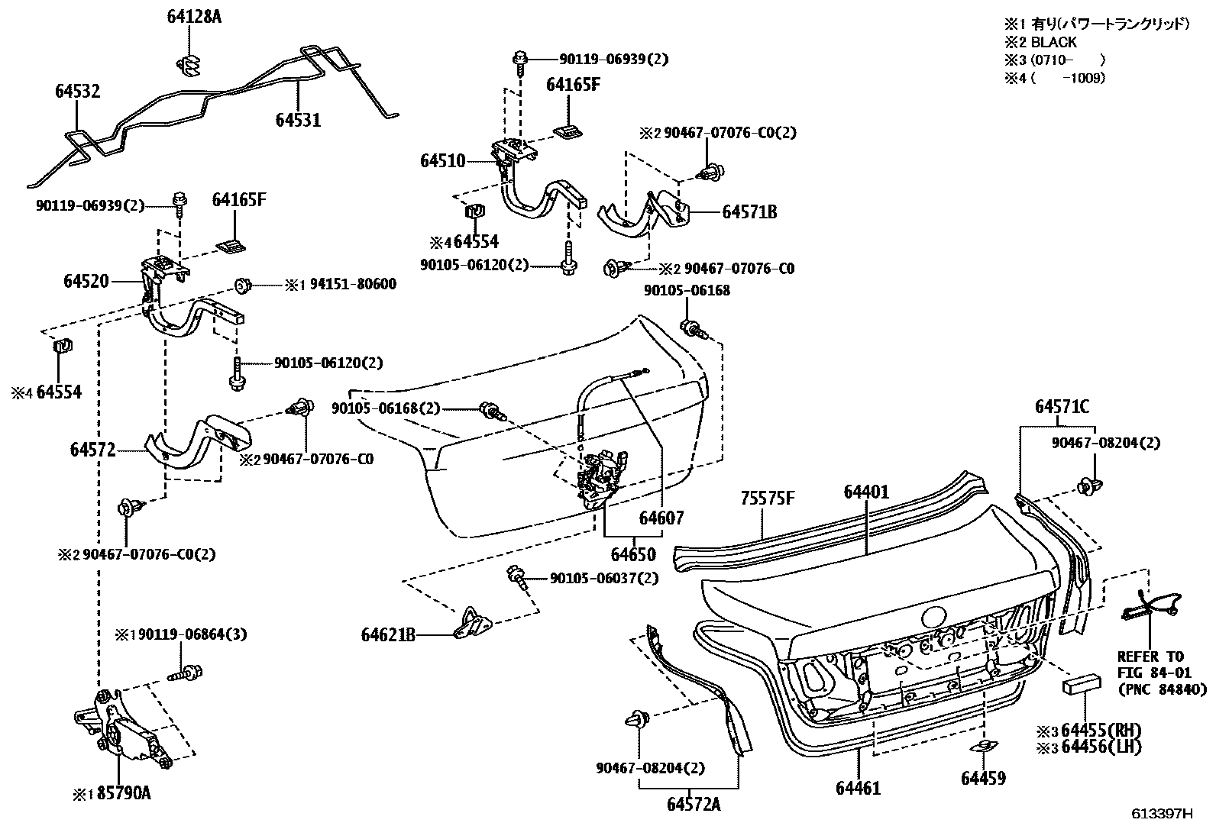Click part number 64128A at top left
(194, 16)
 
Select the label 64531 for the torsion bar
(298, 120)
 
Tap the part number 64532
(77, 92)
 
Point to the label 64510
(442, 161)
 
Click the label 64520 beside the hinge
(86, 282)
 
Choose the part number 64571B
(749, 212)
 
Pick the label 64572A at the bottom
(694, 804)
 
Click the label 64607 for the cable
(661, 519)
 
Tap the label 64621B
(388, 634)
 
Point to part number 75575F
(768, 499)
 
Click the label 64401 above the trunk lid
(867, 492)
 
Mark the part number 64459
(983, 778)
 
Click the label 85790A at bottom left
(121, 793)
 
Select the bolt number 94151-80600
(353, 285)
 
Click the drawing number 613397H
(1162, 814)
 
